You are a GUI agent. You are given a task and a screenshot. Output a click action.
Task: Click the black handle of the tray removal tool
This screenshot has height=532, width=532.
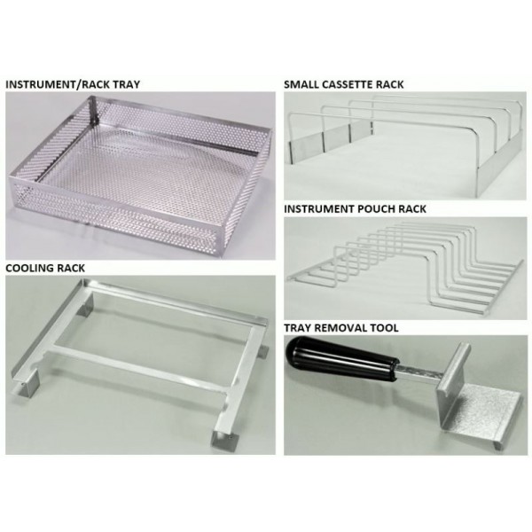click(x=341, y=361)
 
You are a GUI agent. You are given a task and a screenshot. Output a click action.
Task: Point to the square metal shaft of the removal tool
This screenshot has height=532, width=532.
click(x=419, y=372)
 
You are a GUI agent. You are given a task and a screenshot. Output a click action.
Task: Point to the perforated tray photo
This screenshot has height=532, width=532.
click(x=140, y=176)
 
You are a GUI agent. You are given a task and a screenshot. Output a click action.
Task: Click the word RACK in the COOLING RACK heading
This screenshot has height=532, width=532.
click(x=71, y=268)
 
